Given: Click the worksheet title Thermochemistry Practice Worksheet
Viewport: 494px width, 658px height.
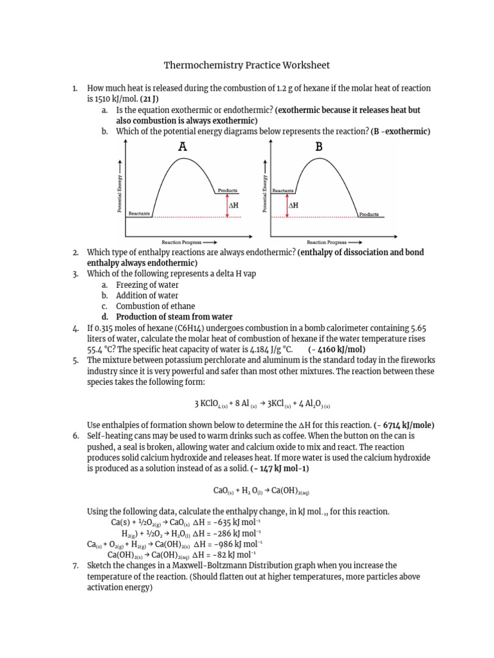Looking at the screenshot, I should pyautogui.click(x=247, y=66).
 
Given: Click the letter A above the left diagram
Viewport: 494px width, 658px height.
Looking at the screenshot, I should pyautogui.click(x=183, y=147).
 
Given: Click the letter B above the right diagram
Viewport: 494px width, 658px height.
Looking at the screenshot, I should pyautogui.click(x=318, y=147).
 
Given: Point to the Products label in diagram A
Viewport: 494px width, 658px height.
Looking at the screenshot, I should pyautogui.click(x=228, y=191).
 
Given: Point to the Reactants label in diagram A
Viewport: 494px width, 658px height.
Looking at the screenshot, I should pyautogui.click(x=139, y=213).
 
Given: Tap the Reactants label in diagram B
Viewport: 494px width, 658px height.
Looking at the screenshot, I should pyautogui.click(x=283, y=191).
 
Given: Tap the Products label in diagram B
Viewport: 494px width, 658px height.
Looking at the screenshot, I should pyautogui.click(x=369, y=214).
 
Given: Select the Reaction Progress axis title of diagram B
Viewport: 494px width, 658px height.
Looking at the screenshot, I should pyautogui.click(x=325, y=242).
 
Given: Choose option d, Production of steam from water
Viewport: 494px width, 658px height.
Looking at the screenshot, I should pyautogui.click(x=174, y=317).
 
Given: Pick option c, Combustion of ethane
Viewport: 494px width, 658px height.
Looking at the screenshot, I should pyautogui.click(x=155, y=307).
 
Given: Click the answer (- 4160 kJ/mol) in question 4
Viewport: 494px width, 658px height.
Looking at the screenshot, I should pyautogui.click(x=336, y=350).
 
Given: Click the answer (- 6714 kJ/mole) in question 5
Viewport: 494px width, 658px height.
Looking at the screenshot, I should pyautogui.click(x=404, y=425).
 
